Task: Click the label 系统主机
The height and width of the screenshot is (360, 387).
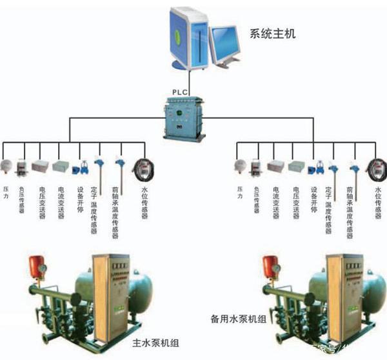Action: tap(272, 33)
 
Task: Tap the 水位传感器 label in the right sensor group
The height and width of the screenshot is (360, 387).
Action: tap(378, 203)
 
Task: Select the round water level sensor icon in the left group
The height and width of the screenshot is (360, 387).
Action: tap(143, 168)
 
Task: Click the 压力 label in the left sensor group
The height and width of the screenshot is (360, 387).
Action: tap(6, 192)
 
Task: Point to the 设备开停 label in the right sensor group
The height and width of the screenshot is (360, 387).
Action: tap(314, 199)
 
